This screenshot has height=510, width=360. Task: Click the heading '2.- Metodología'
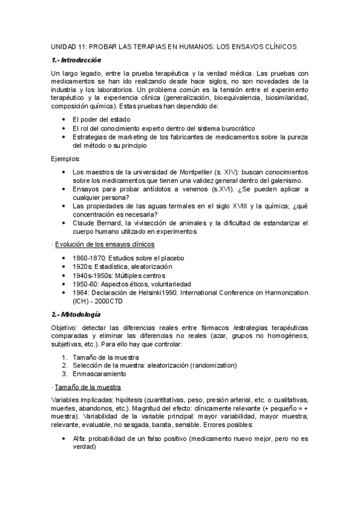click(x=76, y=314)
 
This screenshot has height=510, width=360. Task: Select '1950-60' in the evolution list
click(x=85, y=283)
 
